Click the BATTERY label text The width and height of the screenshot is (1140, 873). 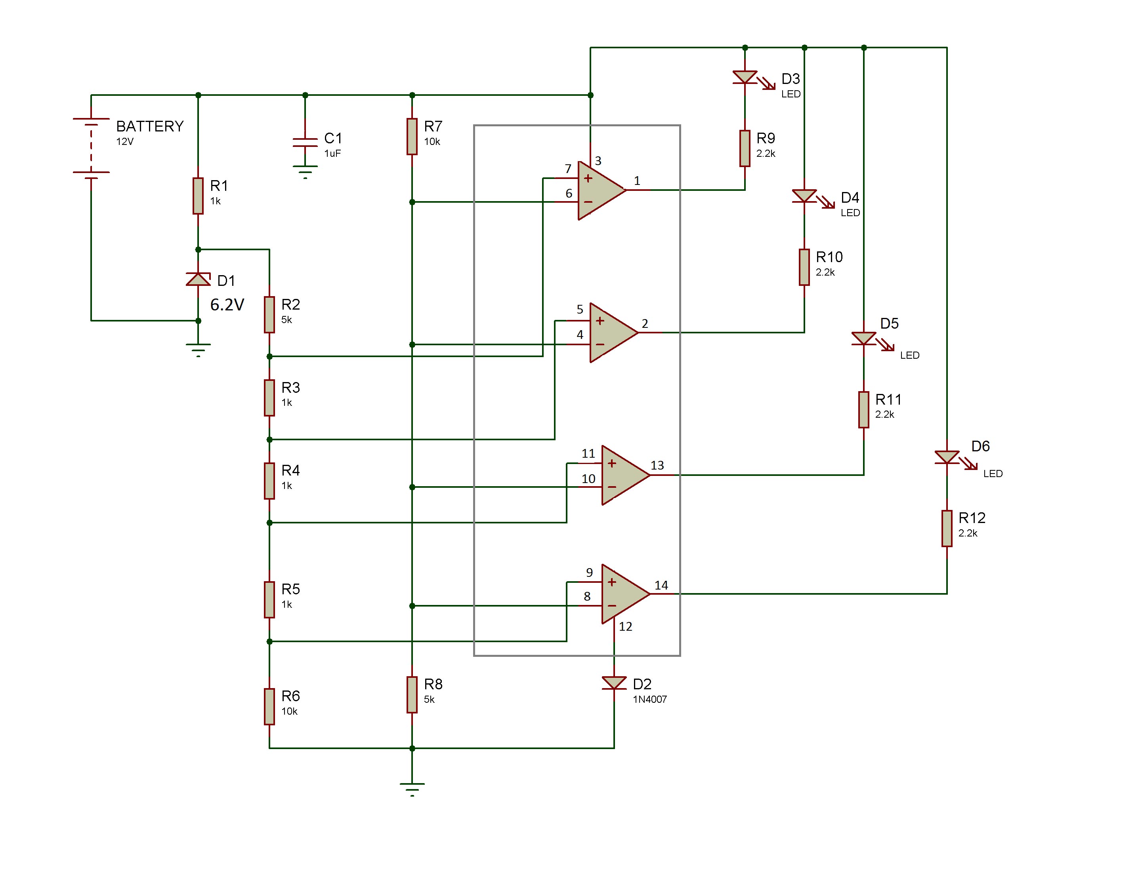click(150, 126)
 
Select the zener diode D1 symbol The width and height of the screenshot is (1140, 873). click(198, 280)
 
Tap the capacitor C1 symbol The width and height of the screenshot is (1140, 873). click(305, 143)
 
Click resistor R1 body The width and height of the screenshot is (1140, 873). click(198, 196)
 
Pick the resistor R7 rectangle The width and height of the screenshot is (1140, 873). click(412, 137)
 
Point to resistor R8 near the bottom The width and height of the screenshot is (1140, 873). click(412, 695)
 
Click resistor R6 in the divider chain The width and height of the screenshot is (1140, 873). click(269, 707)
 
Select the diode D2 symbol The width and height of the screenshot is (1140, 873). click(614, 683)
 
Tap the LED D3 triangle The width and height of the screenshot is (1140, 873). click(745, 78)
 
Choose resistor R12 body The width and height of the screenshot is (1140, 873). click(947, 529)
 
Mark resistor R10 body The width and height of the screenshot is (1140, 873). click(804, 267)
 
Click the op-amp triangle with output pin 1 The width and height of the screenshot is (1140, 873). click(602, 190)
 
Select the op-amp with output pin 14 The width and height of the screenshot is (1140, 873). click(626, 593)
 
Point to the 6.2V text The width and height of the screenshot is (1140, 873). click(227, 304)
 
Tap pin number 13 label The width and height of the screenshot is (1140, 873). click(657, 465)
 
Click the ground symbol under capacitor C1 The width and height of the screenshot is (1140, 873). click(305, 171)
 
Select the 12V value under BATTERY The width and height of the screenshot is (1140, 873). click(125, 141)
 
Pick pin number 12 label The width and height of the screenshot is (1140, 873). click(626, 626)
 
